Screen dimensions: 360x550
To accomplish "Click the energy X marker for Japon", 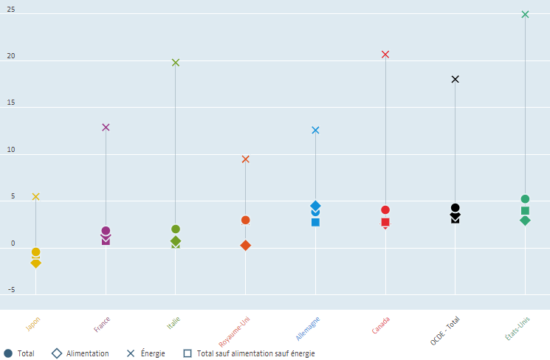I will coord(35,197).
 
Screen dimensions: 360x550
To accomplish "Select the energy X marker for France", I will coord(106,127).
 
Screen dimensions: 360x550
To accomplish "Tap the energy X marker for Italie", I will coord(176,63).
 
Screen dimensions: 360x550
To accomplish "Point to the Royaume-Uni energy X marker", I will coord(246,159).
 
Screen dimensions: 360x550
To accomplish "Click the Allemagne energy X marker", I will coord(315,130).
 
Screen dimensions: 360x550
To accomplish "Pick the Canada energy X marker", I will coord(385,54).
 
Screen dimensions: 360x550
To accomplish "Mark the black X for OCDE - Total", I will coord(456,79).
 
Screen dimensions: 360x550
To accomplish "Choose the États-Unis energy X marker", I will coord(525,14).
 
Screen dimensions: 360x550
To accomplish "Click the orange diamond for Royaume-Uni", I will coord(246,245).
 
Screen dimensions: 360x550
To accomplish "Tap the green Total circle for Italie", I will coord(176,229).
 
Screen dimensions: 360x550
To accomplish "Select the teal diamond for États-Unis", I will coord(525,220).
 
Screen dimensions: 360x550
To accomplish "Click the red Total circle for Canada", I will coord(385,210).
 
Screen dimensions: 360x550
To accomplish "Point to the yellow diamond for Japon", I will coord(35,263).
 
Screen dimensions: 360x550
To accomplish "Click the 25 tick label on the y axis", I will coord(10,13).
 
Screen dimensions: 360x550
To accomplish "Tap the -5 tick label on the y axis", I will coord(10,290).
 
